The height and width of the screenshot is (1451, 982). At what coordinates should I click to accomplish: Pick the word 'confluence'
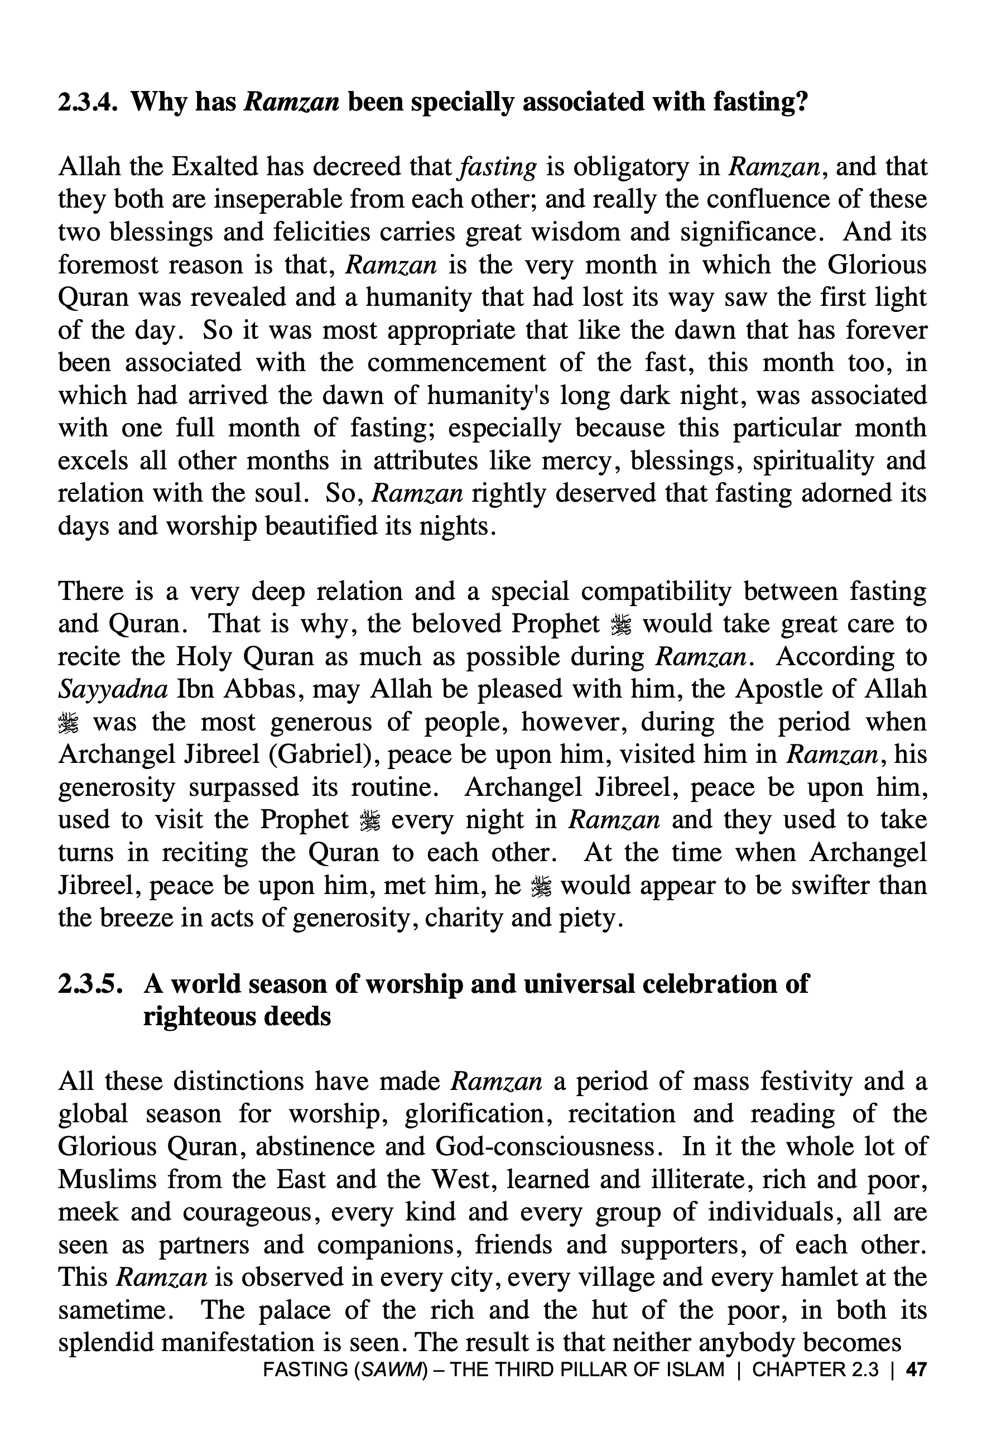click(x=778, y=199)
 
